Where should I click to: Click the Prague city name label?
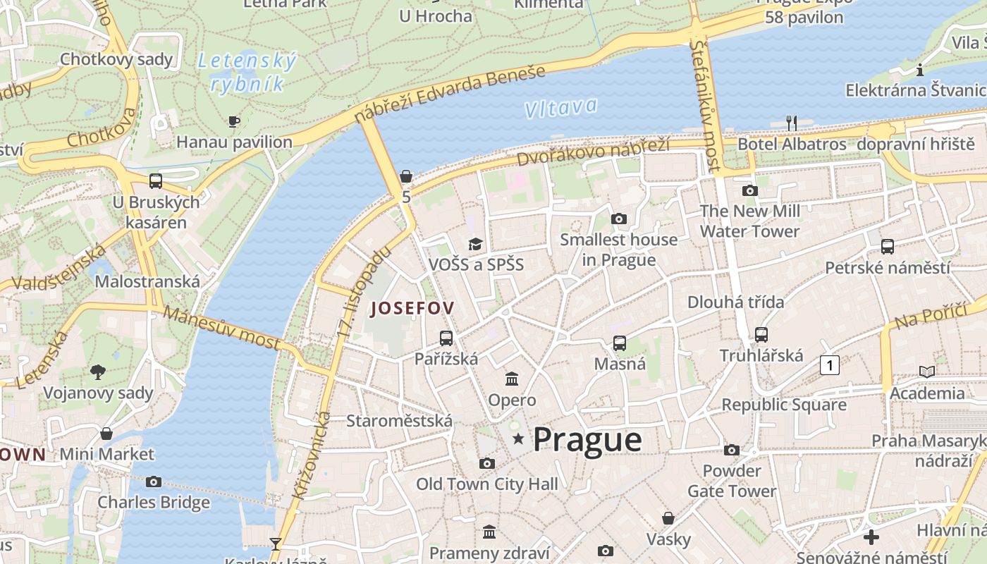[587, 440]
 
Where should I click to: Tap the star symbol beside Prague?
[519, 439]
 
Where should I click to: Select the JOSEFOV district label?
[412, 308]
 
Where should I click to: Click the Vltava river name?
[560, 108]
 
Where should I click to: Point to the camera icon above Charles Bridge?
[154, 482]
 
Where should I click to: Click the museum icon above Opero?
[512, 379]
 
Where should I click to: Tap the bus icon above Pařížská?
[446, 338]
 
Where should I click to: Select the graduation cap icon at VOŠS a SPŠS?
[476, 244]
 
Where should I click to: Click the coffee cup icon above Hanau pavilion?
[234, 122]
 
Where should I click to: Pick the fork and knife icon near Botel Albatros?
[792, 123]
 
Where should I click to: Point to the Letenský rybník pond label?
[247, 73]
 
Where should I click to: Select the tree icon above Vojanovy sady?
[98, 372]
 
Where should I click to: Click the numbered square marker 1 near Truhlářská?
[830, 365]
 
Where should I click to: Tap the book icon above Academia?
[927, 372]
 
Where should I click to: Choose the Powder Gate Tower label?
[732, 481]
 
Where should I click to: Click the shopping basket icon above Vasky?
[668, 519]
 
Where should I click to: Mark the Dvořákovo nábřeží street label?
[593, 151]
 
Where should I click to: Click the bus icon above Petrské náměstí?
[887, 247]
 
